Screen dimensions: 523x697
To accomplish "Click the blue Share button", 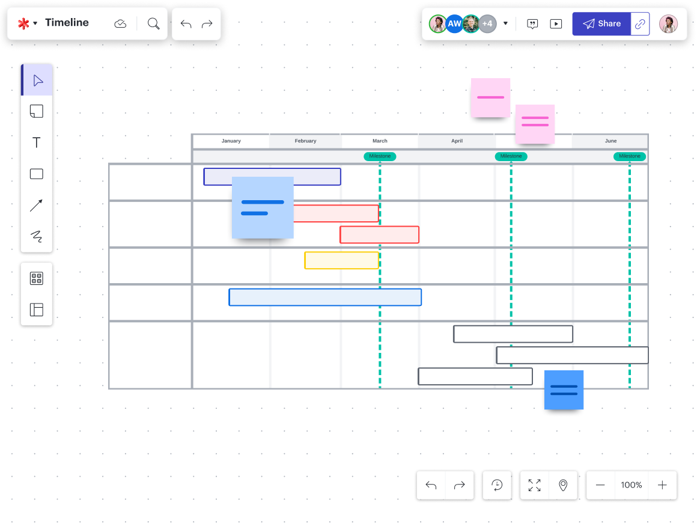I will pos(601,24).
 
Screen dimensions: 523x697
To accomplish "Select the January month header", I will pos(231,141).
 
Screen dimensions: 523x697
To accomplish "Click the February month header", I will pos(305,141).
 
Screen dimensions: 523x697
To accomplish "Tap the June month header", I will pos(610,141).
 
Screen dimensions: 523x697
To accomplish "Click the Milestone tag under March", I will pos(380,156).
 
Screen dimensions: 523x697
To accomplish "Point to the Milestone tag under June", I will pos(630,156).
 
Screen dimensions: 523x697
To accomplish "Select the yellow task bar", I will pos(341,260).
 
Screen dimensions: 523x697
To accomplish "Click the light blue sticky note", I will pos(263,207).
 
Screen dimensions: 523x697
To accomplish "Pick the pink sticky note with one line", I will pos(490,97).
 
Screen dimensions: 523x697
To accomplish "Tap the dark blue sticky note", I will pos(564,390).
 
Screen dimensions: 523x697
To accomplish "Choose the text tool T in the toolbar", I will pos(37,142).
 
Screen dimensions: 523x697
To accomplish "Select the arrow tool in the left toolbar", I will pos(37,206).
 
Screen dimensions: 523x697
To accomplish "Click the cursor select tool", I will pos(37,80).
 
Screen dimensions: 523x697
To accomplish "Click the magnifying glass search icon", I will pos(154,23).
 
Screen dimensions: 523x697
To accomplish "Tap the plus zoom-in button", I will pos(662,485).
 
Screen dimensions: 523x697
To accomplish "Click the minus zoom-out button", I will pos(600,485).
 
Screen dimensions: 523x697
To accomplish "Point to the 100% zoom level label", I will pos(632,485).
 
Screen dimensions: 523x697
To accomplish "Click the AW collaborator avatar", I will pos(454,24).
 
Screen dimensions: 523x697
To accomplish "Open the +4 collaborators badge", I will pos(487,24).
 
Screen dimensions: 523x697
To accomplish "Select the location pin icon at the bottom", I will pos(563,485).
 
